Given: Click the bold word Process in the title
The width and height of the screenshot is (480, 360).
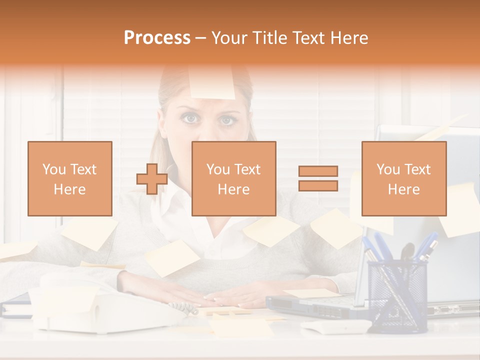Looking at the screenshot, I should [x=157, y=38].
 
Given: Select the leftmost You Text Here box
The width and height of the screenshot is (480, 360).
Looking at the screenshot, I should [x=70, y=178].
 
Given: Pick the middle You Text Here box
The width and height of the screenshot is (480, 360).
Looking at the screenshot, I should [x=234, y=178].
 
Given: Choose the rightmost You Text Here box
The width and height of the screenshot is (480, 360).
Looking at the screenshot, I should [x=404, y=178].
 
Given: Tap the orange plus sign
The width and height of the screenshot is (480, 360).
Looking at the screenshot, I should [x=152, y=178].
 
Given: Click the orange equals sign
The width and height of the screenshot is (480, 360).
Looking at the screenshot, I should [x=318, y=178].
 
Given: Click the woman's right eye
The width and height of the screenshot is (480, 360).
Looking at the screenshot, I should [x=190, y=118].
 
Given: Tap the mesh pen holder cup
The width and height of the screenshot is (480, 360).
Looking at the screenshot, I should [x=397, y=295].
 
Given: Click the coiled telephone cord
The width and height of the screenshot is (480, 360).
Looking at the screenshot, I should [x=183, y=308].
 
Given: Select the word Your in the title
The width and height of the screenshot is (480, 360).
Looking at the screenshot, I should [x=229, y=38].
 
